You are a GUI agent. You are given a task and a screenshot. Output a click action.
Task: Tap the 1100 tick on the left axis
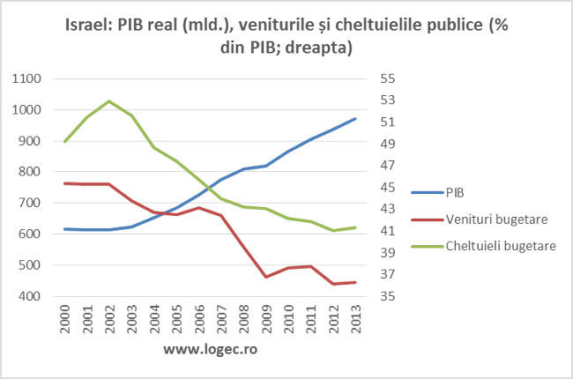29,78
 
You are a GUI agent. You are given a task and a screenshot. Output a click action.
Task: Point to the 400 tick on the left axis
33,296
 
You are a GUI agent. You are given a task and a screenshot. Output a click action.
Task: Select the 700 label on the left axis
33,203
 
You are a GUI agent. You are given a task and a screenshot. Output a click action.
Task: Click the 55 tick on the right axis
388,78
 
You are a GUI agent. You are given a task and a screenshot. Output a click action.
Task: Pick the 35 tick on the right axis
388,296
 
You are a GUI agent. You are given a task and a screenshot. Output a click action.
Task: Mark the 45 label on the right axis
388,187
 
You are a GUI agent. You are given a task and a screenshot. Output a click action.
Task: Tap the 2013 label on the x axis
355,320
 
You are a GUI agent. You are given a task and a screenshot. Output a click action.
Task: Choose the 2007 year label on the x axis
221,320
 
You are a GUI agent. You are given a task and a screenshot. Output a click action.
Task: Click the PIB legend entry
456,191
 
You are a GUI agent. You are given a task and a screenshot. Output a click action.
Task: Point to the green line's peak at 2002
109,100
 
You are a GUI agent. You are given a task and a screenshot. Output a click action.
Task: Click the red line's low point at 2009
266,277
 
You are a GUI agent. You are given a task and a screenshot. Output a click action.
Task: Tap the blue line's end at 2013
355,118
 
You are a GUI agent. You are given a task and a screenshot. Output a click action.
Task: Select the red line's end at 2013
355,282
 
